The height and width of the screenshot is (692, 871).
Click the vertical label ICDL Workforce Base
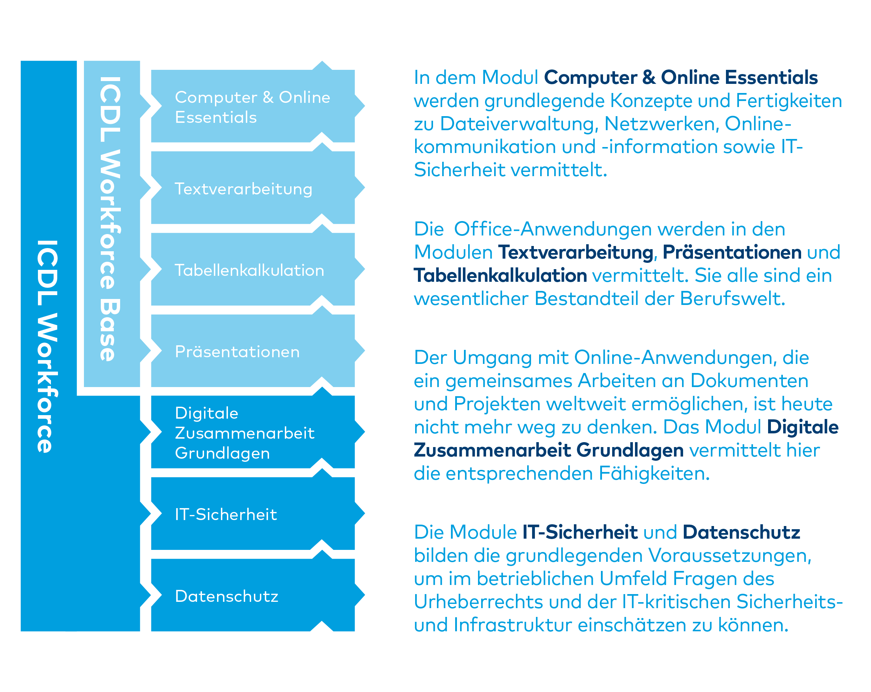click(x=110, y=219)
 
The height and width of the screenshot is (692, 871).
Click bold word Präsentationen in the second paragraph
click(x=732, y=252)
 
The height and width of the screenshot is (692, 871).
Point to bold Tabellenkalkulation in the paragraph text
click(x=500, y=276)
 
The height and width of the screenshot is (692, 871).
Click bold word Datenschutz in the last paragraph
click(x=741, y=532)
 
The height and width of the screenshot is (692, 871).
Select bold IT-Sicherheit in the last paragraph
click(x=580, y=532)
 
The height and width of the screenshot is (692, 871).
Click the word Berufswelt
click(x=732, y=299)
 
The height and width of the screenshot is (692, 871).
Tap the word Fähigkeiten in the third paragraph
click(x=654, y=474)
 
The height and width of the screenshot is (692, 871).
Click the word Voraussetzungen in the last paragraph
click(x=729, y=555)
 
